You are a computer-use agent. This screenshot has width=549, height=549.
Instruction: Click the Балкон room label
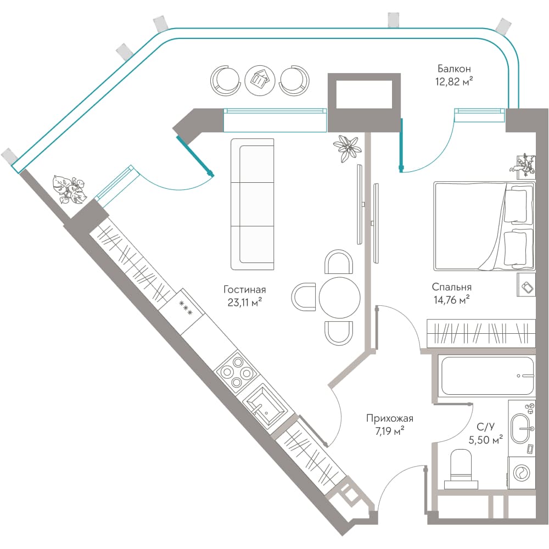click(454, 69)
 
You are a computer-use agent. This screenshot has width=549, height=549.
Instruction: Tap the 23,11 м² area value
click(245, 302)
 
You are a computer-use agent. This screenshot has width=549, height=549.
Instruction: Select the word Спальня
click(452, 287)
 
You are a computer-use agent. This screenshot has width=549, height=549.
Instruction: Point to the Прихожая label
click(390, 418)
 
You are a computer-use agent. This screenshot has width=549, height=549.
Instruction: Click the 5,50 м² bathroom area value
click(486, 439)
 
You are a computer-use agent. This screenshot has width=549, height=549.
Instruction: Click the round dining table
click(340, 297)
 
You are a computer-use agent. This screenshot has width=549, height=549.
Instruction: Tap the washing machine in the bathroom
click(522, 473)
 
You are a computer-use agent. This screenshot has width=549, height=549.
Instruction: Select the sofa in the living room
click(252, 204)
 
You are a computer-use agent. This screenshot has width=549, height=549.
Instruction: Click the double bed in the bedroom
click(484, 226)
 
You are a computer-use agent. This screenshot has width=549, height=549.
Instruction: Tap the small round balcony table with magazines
click(260, 80)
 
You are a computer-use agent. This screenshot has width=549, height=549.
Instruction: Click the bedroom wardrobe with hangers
click(481, 333)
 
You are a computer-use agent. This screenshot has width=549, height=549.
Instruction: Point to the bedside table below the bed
click(526, 285)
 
